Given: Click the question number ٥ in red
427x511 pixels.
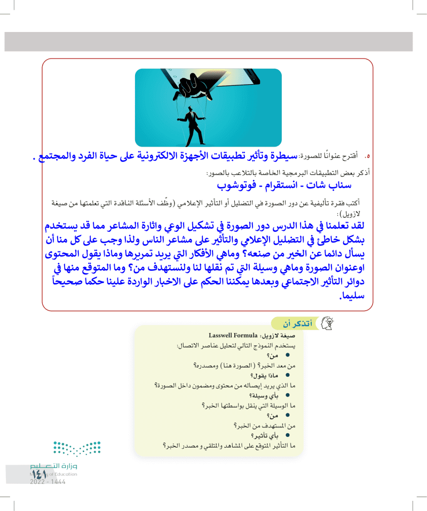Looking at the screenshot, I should point(367,157).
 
